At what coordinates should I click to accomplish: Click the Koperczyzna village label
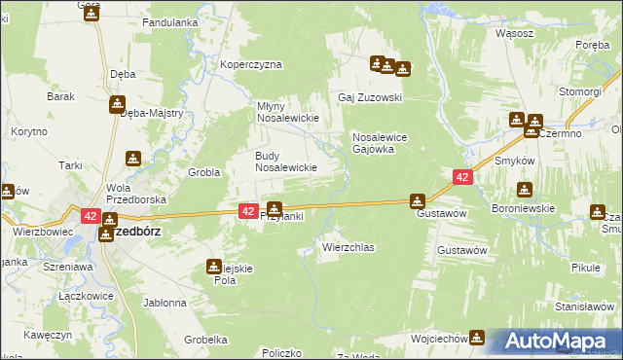coord(251,64)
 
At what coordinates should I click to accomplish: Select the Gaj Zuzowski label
coord(370,97)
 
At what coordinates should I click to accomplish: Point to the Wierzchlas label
coord(348,247)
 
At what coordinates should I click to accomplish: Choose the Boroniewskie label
coord(523,207)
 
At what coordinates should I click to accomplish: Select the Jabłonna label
coord(165,303)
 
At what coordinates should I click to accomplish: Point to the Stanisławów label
coord(582,306)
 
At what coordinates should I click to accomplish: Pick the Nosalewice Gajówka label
coord(385,143)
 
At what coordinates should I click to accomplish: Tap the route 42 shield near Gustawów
coord(462,177)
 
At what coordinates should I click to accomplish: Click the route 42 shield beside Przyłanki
coord(247,210)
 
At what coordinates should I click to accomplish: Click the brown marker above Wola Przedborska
coord(133,158)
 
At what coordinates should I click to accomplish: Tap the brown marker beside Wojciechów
coord(477,338)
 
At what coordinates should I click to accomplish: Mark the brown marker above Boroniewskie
coord(526,190)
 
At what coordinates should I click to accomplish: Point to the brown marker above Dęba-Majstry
coord(117,103)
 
